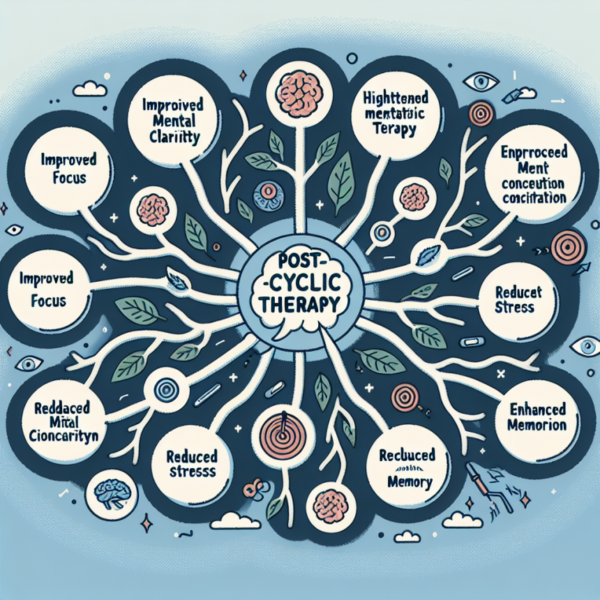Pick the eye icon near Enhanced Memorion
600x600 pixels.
[x=583, y=346]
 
